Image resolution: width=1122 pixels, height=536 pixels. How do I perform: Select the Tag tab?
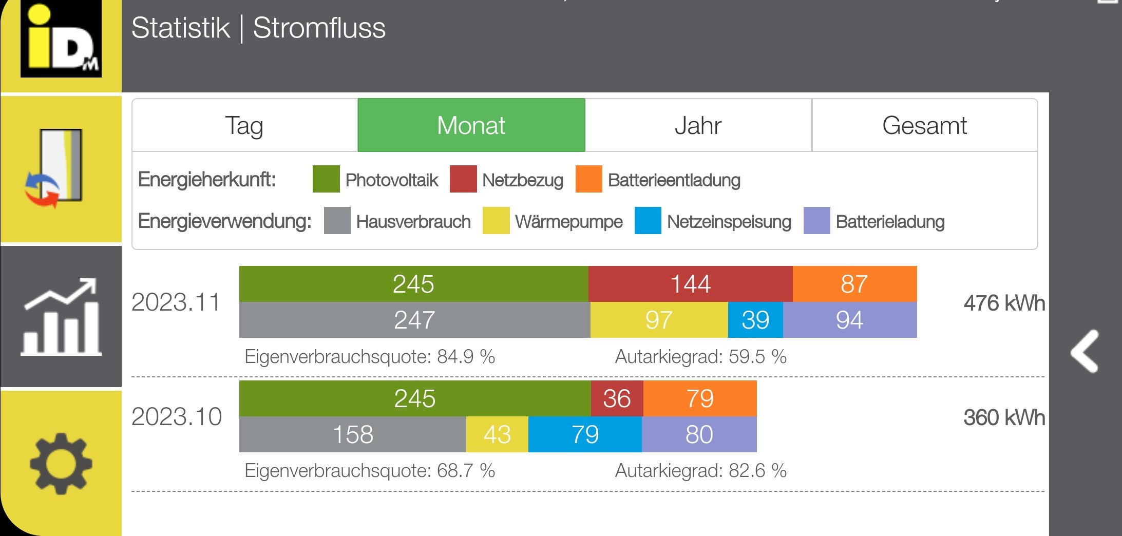coord(244,125)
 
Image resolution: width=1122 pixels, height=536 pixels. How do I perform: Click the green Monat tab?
coord(471,125)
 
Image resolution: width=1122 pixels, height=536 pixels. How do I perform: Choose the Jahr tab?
coord(698,125)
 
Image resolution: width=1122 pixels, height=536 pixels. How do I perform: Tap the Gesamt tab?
coord(924,125)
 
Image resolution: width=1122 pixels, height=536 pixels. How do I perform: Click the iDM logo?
coord(61,39)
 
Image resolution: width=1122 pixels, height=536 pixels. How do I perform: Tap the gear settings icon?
coord(61,463)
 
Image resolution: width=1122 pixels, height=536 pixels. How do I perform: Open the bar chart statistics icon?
coord(61,317)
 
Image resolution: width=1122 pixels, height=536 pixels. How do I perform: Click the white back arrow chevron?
coord(1085,351)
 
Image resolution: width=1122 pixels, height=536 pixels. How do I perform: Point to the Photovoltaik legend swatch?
coord(326,179)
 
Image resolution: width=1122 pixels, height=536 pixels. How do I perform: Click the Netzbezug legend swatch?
coord(463,179)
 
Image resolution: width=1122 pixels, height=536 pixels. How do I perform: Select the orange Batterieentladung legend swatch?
coord(588,179)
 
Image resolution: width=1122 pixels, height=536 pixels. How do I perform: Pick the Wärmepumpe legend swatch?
coord(496,221)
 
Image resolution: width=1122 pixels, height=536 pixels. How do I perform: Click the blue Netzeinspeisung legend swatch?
coord(648,221)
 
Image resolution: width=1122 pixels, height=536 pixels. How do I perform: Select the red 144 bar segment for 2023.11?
coord(690,284)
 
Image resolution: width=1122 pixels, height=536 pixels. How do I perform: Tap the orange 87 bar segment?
coord(854,284)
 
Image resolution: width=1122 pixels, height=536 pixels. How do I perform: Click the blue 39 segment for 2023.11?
coord(755,320)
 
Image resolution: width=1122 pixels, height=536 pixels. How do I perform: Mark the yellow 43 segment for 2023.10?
coord(497,434)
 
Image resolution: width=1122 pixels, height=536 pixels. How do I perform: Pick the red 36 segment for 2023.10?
coord(617,398)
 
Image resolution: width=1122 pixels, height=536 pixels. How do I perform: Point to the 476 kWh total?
coord(1004,303)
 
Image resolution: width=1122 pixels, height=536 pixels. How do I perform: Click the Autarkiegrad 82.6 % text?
coord(700,470)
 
